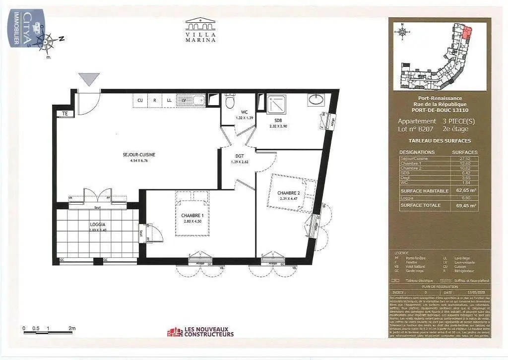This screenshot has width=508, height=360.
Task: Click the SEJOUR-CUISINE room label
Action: (x=139, y=155)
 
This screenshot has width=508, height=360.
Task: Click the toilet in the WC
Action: (x=229, y=102)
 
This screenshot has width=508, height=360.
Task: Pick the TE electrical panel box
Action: (x=64, y=114)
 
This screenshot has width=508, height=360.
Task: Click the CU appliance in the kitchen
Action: (x=140, y=100)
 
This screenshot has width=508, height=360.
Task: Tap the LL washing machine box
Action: (x=169, y=100)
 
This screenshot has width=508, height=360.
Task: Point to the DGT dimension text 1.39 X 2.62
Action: (x=239, y=162)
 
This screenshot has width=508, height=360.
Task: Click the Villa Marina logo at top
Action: (x=200, y=30)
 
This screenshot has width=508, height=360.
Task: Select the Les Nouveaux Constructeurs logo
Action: (x=200, y=331)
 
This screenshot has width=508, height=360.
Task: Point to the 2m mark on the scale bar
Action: (x=72, y=328)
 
